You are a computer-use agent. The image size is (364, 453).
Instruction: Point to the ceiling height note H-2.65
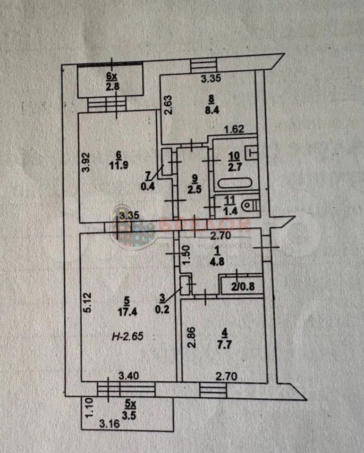[x=127, y=337]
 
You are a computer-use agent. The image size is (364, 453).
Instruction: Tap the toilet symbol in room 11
[x=249, y=205]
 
